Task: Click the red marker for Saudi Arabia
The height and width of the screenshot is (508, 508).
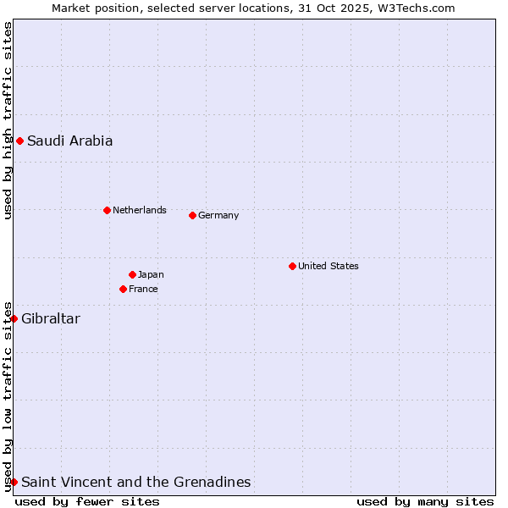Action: pos(19,141)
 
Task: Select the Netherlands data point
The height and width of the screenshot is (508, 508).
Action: pos(107,210)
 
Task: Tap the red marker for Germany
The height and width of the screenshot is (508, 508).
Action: pos(192,215)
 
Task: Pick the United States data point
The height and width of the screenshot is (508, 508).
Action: pos(292,266)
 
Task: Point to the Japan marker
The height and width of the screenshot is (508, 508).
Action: pos(132,274)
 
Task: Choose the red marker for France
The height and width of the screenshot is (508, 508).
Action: pos(123,289)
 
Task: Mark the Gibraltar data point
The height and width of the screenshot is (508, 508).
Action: pos(14,318)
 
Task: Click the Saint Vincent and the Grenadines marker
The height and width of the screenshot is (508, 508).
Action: pos(14,482)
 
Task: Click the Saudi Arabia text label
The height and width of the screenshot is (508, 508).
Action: pos(69,141)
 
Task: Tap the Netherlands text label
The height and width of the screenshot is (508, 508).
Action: pos(139,210)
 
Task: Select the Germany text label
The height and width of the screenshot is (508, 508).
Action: pos(218,215)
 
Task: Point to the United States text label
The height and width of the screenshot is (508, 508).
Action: pos(328,266)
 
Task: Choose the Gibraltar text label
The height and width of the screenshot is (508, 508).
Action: pos(51,318)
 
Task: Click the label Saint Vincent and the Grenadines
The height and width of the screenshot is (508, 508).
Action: pos(135,482)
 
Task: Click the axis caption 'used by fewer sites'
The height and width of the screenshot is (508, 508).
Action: pos(87,501)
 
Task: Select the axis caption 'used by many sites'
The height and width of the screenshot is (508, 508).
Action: pos(425,501)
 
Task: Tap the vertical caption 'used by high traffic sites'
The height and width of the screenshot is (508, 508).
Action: pos(8,120)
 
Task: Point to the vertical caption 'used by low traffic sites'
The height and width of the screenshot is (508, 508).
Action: pos(8,396)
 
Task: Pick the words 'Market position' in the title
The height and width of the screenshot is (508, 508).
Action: pos(92,8)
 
